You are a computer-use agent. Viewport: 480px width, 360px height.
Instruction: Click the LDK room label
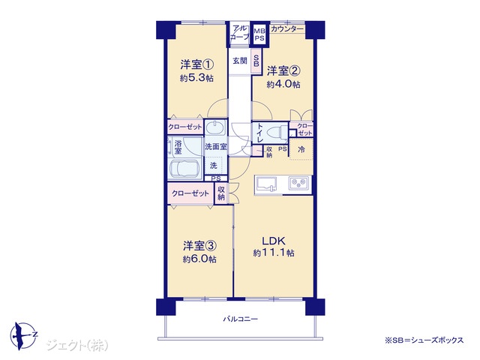[273, 241]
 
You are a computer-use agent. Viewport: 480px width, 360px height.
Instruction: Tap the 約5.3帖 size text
[196, 78]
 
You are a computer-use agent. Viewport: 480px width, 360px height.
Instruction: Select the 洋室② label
[283, 71]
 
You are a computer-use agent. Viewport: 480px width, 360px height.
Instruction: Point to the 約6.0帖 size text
[199, 259]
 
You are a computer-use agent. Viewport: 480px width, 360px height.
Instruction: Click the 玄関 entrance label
[240, 61]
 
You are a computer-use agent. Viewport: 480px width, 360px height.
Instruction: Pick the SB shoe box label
[256, 61]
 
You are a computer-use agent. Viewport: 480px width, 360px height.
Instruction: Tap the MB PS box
[259, 34]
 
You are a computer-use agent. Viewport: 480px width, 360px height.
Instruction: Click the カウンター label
[287, 29]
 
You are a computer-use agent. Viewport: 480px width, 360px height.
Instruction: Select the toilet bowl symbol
[277, 133]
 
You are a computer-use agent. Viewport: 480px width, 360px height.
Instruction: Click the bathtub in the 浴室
[185, 169]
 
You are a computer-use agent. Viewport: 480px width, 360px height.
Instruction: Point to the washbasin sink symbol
[215, 127]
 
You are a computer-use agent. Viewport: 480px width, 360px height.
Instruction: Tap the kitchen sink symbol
[265, 184]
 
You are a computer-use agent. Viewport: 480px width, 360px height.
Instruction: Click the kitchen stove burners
[298, 183]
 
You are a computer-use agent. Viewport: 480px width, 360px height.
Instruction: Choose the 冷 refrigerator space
[301, 149]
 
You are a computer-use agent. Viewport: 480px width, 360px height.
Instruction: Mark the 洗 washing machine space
[214, 166]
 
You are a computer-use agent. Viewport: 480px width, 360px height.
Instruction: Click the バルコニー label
[240, 319]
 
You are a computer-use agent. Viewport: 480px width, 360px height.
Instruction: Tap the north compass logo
[23, 335]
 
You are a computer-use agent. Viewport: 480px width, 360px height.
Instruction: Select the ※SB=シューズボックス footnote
[424, 340]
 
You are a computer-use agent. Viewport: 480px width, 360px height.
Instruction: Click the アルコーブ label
[240, 33]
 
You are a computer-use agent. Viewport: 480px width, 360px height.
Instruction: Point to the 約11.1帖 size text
[274, 253]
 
